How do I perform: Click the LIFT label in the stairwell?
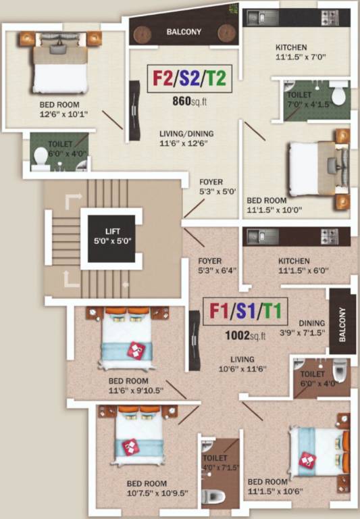(x=111, y=235)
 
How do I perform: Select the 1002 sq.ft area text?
(x=247, y=335)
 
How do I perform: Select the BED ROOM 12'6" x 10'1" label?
(x=59, y=109)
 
